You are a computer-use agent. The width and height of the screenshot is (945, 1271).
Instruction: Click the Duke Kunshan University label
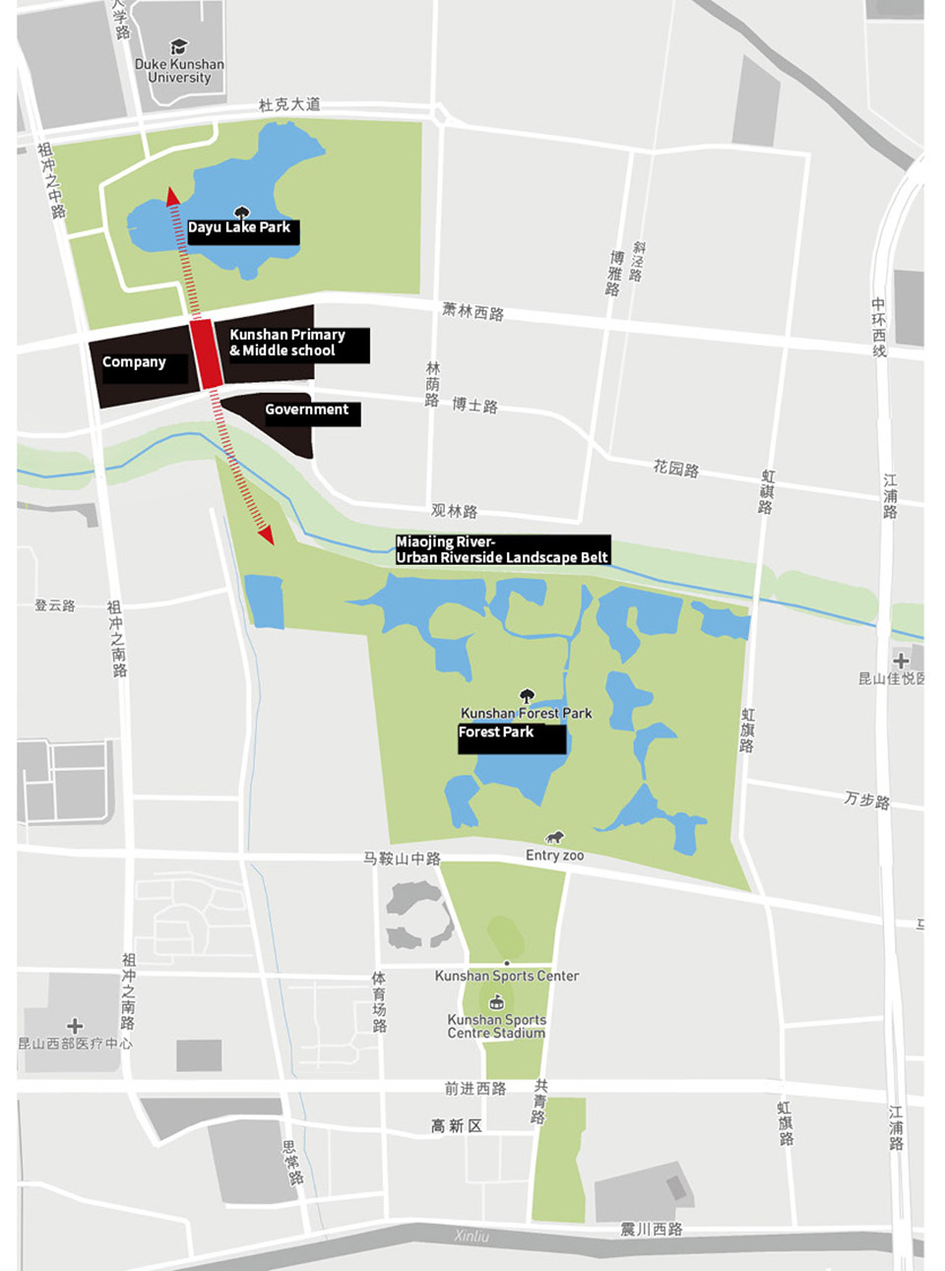pyautogui.click(x=179, y=71)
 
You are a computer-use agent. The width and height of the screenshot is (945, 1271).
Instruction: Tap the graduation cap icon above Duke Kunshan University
pyautogui.click(x=178, y=46)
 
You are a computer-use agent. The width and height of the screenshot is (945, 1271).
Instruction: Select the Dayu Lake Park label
pyautogui.click(x=240, y=228)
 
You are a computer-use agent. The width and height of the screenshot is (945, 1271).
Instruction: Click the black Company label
pyautogui.click(x=135, y=362)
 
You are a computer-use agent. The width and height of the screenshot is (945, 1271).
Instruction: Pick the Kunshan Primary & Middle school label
pyautogui.click(x=288, y=343)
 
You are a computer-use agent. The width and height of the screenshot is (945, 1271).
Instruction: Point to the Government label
pyautogui.click(x=306, y=410)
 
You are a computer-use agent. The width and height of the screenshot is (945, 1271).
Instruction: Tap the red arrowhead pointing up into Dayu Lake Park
pyautogui.click(x=173, y=197)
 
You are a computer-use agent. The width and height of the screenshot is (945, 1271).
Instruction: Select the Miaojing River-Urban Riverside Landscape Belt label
pyautogui.click(x=502, y=549)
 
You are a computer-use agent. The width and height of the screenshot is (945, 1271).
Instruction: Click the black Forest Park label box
pyautogui.click(x=510, y=736)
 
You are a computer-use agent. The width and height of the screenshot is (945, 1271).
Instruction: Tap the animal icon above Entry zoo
pyautogui.click(x=555, y=837)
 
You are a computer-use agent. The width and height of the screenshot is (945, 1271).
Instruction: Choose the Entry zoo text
pyautogui.click(x=554, y=856)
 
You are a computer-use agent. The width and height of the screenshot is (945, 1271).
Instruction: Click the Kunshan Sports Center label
pyautogui.click(x=507, y=976)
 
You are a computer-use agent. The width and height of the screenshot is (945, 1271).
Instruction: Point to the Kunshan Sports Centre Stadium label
pyautogui.click(x=496, y=1026)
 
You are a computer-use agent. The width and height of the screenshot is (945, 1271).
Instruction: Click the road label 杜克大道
pyautogui.click(x=288, y=104)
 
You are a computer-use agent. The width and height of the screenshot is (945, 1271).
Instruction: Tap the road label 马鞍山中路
pyautogui.click(x=402, y=858)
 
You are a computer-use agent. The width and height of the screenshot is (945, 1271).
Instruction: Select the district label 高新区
pyautogui.click(x=456, y=1125)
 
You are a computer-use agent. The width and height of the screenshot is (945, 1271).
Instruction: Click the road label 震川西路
pyautogui.click(x=651, y=1229)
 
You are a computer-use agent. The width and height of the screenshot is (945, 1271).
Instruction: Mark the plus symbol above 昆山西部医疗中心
pyautogui.click(x=75, y=1026)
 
